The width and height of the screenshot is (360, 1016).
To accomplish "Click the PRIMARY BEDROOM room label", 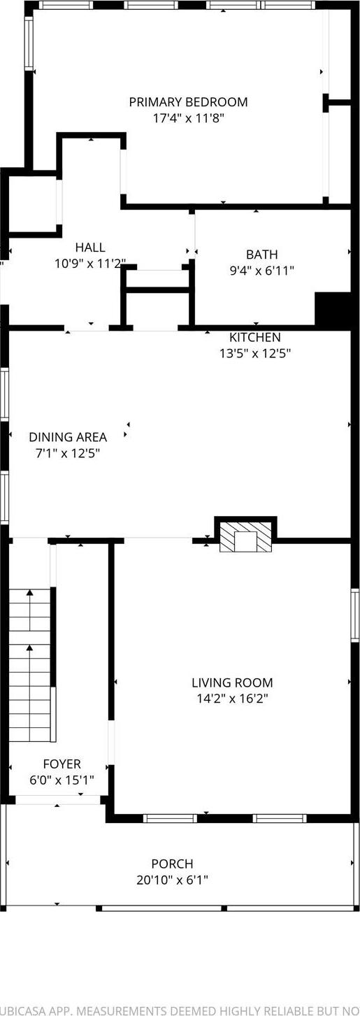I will tap(188, 102).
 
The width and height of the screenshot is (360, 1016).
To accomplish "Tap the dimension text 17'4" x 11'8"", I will tap(188, 118).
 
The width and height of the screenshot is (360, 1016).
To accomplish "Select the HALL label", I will tap(90, 247).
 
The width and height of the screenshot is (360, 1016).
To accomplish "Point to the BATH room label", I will tap(261, 255).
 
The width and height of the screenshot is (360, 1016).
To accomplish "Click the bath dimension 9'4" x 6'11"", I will tap(261, 271).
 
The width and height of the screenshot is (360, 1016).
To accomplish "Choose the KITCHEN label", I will tap(254, 337).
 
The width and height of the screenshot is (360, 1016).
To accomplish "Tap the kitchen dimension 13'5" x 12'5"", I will tap(254, 353).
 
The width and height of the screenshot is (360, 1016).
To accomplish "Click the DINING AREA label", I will tap(68, 437).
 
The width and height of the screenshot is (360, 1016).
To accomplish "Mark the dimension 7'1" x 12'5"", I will tap(68, 453).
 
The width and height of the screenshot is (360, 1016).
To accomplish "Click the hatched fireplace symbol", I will tap(245, 536).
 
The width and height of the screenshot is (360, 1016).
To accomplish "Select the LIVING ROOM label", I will tap(232, 682).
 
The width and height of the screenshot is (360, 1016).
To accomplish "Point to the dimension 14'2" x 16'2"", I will tap(232, 699).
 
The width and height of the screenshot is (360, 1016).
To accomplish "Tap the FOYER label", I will tap(62, 764).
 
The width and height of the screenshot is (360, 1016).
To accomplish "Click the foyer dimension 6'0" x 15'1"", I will tap(62, 780).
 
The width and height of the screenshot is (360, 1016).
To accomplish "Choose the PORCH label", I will tap(172, 864).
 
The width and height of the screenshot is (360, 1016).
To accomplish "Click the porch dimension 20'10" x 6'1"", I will tap(172, 880).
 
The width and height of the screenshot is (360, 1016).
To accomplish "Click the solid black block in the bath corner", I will tap(333, 310).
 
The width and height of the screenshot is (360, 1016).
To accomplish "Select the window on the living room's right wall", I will tap(355, 615).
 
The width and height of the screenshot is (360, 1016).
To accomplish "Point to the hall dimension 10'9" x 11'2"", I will tap(90, 264).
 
